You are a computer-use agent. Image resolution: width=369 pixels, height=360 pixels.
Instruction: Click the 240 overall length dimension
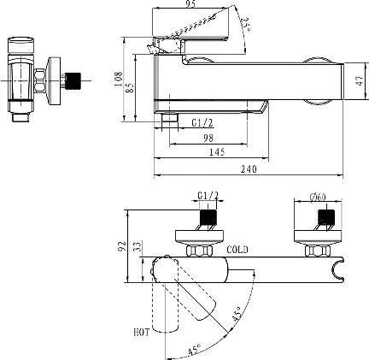click(249, 169)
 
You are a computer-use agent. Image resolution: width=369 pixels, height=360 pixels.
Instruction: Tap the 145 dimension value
click(217, 152)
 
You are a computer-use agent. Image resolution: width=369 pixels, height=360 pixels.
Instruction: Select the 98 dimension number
click(208, 139)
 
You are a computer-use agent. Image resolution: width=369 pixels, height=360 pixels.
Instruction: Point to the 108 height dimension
click(118, 80)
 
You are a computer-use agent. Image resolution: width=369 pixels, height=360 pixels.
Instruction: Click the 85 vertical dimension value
click(130, 87)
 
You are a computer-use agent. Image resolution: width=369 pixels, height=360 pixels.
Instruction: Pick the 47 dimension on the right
click(360, 80)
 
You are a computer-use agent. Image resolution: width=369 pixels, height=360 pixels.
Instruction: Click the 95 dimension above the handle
click(190, 4)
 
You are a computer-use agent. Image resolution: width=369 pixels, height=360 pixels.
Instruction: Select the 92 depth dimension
click(122, 246)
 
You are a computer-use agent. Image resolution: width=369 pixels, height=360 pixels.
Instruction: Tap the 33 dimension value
click(137, 246)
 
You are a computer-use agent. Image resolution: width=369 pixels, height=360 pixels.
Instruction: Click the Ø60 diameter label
click(318, 197)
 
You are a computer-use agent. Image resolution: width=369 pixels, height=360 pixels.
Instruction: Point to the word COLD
click(237, 250)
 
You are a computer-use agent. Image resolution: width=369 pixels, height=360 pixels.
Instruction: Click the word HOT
click(142, 332)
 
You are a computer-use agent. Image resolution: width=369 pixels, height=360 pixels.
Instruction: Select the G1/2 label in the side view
click(202, 123)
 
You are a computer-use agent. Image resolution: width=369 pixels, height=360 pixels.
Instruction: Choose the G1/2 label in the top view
click(208, 196)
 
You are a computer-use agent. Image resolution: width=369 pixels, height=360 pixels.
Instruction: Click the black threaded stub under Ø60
click(326, 217)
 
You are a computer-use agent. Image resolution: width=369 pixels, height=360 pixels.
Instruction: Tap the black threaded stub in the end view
click(73, 81)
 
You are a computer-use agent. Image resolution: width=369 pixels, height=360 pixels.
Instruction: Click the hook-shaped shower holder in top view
click(339, 269)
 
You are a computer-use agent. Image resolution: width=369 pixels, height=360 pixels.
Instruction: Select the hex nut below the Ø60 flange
click(318, 251)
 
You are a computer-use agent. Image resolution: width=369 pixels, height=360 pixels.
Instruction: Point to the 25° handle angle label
click(245, 24)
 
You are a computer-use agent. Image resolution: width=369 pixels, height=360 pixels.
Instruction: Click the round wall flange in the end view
click(54, 81)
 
